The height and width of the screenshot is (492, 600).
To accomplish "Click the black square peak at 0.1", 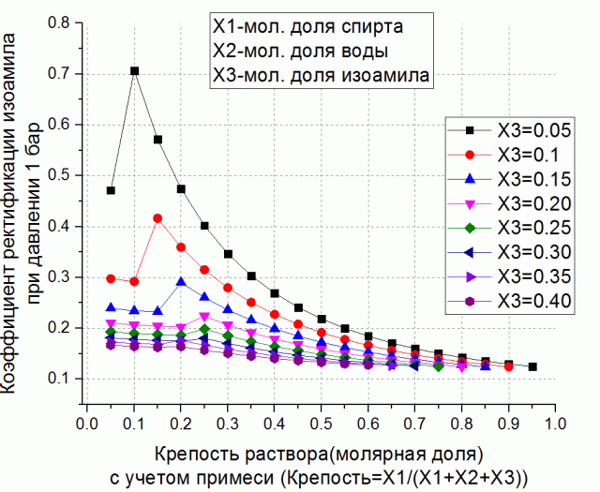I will point(134,71).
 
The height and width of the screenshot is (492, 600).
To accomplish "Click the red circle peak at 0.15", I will point(157,218).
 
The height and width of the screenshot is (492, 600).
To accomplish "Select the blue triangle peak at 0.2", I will point(181,281).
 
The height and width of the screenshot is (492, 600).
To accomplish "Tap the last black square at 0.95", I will point(532,366).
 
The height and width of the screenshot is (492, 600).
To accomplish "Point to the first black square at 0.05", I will point(111,190).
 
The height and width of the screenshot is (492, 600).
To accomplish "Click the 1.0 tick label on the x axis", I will point(555,423).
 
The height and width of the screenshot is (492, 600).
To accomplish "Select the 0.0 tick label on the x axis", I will point(87,423).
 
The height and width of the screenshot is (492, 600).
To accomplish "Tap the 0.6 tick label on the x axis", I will point(368,423).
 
